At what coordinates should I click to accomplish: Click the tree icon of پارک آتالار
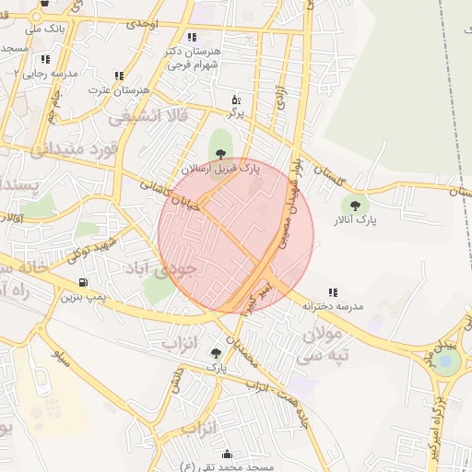(355, 205)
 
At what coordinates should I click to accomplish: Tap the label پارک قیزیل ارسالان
(218, 171)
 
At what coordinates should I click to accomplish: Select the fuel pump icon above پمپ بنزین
(83, 282)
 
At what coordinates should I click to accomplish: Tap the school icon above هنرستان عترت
(118, 76)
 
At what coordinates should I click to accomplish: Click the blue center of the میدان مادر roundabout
(448, 361)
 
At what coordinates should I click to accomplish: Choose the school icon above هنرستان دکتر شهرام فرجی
(192, 38)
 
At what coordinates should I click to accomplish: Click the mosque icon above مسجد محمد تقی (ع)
(227, 454)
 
